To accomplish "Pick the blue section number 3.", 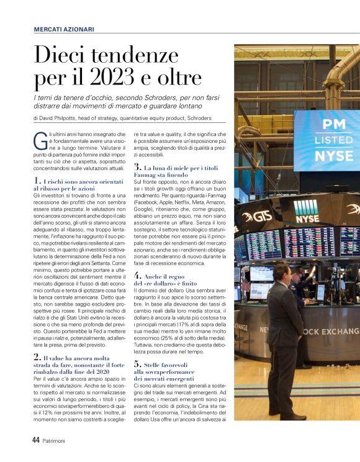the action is [137, 168].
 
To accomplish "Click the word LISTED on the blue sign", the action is [325, 140].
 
